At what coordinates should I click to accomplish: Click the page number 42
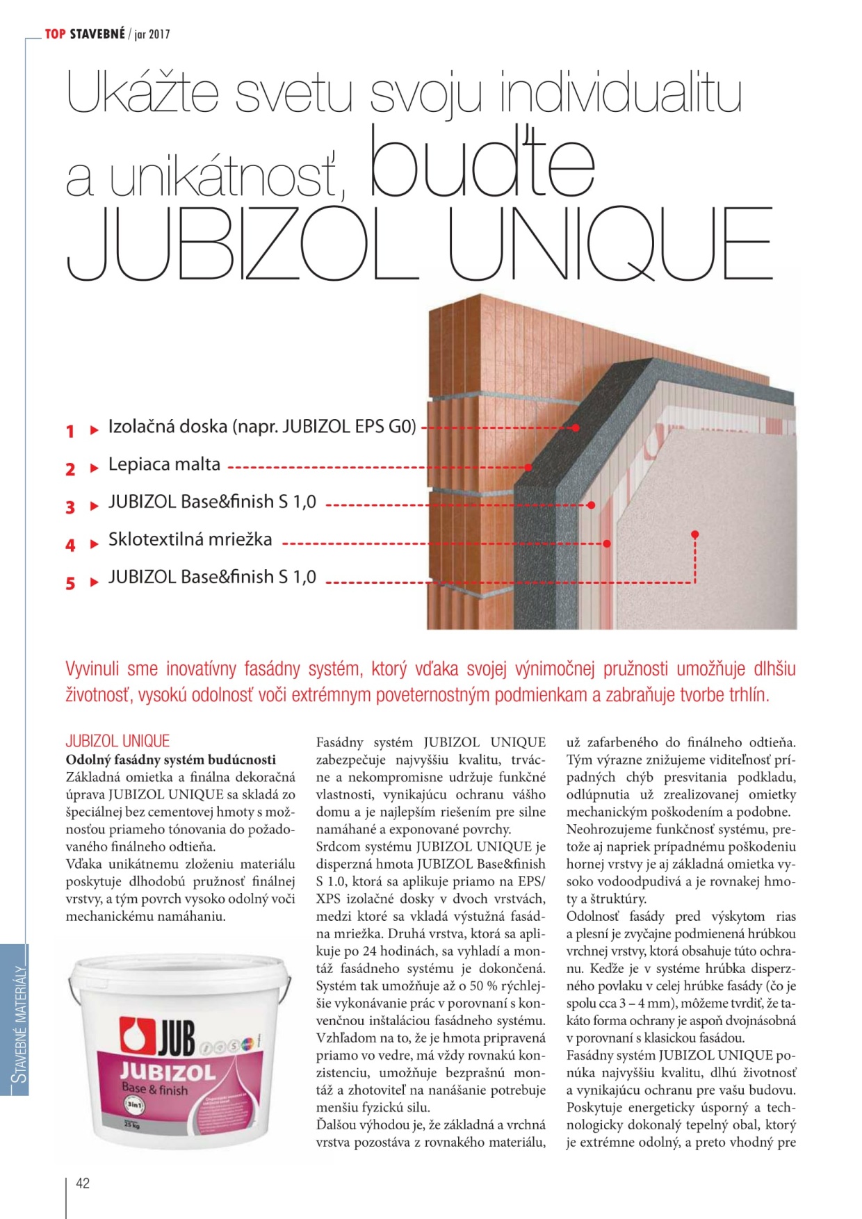coord(83,1183)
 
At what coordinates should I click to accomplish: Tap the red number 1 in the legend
coord(70,432)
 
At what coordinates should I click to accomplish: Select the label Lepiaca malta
coord(164,464)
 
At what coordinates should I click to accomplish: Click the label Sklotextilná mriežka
coord(190,539)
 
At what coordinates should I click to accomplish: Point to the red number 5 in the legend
coord(70,583)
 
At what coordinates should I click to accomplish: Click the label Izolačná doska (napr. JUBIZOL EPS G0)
coord(262,427)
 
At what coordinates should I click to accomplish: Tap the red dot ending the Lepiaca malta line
coord(528,468)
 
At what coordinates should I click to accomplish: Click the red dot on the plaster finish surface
coord(694,534)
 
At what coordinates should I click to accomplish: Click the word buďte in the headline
coord(482,164)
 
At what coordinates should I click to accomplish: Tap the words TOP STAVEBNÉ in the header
coord(85,33)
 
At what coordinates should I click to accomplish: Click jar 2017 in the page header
coord(152,34)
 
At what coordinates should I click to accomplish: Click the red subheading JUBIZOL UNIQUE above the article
coord(117,741)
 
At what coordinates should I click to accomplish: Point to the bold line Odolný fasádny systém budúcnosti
coord(170,760)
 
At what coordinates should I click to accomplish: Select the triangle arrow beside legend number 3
coord(95,506)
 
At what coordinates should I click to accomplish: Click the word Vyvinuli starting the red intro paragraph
coord(93,669)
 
